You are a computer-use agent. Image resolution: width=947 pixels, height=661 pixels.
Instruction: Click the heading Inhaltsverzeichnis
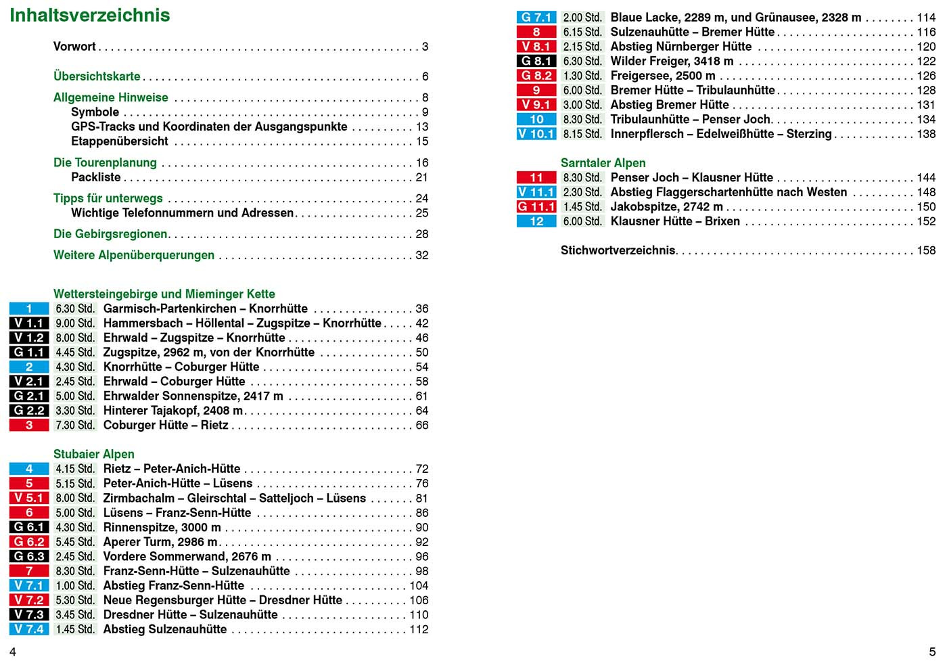90,16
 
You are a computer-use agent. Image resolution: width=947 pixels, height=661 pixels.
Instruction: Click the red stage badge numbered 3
29,425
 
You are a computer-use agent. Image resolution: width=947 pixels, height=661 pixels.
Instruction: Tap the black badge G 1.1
29,352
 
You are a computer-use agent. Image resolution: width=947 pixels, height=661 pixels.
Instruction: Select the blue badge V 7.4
29,629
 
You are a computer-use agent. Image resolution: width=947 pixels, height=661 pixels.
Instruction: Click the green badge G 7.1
536,18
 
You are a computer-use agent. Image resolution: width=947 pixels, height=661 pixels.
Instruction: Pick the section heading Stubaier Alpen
94,454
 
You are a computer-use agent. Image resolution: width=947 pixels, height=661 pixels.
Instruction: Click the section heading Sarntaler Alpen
603,163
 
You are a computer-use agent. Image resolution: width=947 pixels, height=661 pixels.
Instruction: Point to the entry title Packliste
96,177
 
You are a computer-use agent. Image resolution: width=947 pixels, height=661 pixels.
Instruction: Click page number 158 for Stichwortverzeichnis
926,250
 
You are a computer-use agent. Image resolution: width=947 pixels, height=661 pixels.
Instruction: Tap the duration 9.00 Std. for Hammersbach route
75,323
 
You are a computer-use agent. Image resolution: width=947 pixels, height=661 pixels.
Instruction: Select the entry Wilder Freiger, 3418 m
672,62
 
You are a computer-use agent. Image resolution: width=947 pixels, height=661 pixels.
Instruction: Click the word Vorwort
74,47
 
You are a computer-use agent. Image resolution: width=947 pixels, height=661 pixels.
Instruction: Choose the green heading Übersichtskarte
97,76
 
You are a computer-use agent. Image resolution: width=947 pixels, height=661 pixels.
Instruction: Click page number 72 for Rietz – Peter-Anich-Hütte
422,469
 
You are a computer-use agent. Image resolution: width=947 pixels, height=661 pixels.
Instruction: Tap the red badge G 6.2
29,542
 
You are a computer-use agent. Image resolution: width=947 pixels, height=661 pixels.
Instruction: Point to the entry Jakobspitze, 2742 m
666,207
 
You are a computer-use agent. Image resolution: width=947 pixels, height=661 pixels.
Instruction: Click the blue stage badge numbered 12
536,221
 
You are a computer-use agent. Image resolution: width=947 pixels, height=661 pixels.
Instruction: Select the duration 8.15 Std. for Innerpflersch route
582,134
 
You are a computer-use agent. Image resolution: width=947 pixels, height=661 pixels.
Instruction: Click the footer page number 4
12,652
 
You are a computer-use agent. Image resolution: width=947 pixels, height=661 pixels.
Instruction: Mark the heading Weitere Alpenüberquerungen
134,255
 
